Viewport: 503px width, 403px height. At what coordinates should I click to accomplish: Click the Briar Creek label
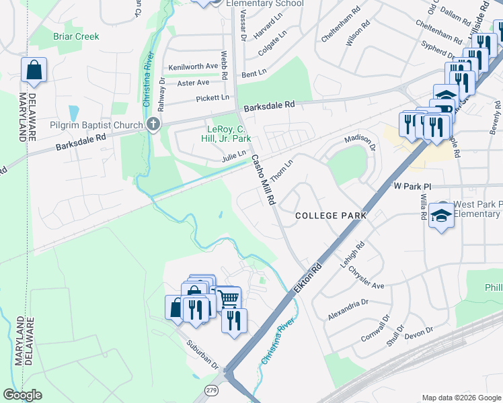76,36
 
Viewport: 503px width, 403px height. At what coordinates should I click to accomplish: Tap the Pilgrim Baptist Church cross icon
153,124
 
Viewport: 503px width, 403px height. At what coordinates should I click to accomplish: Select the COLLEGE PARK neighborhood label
331,216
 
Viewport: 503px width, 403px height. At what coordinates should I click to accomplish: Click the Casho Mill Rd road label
264,180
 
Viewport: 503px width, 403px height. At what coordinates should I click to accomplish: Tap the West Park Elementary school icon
441,214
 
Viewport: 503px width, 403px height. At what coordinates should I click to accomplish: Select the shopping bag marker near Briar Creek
34,69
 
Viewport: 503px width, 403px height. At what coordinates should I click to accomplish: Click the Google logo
22,395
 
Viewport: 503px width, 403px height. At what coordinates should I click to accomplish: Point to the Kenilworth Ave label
194,66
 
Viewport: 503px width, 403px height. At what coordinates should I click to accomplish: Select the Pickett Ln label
212,98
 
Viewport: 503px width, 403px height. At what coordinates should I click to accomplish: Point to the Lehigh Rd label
352,257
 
